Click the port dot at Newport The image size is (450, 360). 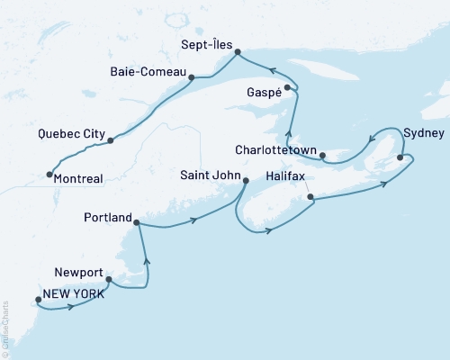108,279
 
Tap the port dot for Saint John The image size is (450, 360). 245,181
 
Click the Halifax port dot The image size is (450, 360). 310,196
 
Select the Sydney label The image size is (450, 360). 424,132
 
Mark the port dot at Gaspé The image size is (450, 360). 287,87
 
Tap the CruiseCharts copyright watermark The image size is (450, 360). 5,328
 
